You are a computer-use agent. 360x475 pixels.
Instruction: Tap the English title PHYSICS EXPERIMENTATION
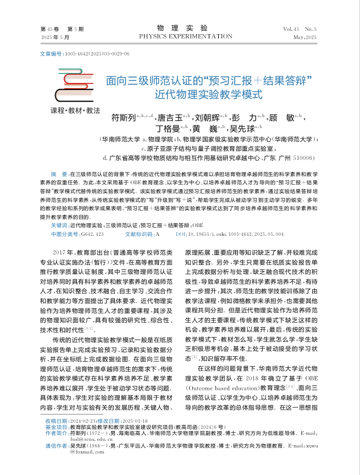pyautogui.click(x=186, y=36)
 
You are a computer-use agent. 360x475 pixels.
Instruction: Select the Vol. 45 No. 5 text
pyautogui.click(x=300, y=28)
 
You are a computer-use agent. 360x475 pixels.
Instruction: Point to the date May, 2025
pyautogui.click(x=305, y=37)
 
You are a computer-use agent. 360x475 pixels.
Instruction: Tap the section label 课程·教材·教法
pyautogui.click(x=75, y=110)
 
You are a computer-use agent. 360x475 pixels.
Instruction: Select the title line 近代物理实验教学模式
pyautogui.click(x=209, y=93)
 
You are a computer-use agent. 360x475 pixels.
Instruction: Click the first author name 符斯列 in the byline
pyautogui.click(x=123, y=118)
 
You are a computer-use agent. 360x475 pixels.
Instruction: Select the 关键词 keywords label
pyautogui.click(x=59, y=225)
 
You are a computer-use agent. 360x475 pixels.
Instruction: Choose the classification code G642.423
pyautogui.click(x=93, y=234)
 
